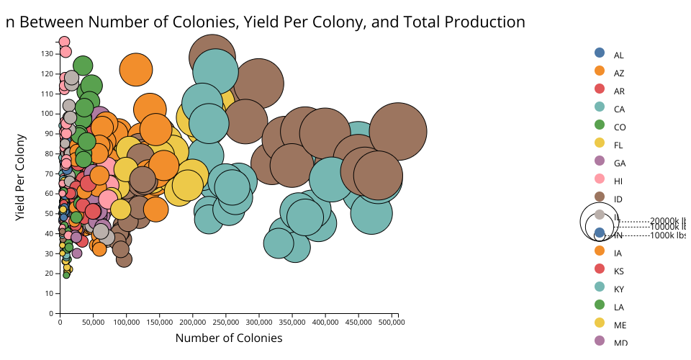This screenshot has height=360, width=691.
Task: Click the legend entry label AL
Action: (x=618, y=55)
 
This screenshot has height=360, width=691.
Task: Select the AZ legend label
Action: (x=618, y=73)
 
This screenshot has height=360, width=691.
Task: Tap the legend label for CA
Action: (x=618, y=109)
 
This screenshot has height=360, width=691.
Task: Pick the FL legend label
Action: (x=618, y=145)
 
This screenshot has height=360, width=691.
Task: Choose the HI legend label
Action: (x=618, y=181)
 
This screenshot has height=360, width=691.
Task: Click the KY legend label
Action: (x=618, y=289)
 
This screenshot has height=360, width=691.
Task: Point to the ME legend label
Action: (x=620, y=325)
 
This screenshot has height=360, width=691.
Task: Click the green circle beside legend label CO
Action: (x=600, y=125)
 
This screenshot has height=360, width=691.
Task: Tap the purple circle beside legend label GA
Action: (x=600, y=161)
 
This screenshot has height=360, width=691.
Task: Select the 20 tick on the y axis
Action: (x=49, y=274)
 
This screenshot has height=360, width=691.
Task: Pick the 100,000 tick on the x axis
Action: (x=126, y=323)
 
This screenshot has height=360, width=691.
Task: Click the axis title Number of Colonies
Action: (x=228, y=338)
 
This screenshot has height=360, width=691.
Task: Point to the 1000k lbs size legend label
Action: (x=667, y=235)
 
